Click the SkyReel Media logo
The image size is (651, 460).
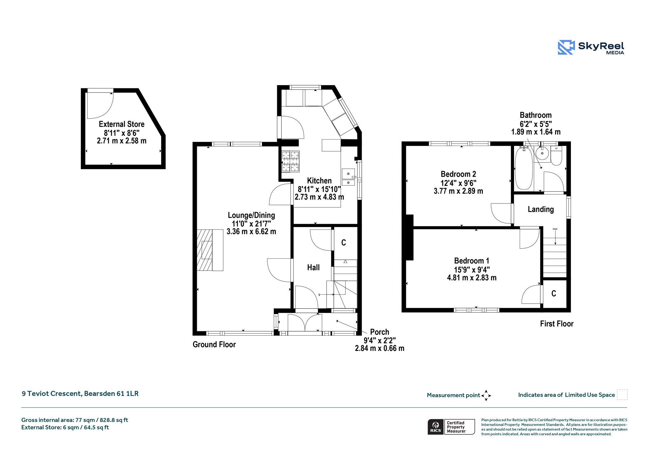[x=591, y=47]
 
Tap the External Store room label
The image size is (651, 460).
[x=121, y=124]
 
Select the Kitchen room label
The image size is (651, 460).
[x=319, y=181]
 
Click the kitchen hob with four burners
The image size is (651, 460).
[x=291, y=161]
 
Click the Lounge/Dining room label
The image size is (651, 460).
[x=251, y=215]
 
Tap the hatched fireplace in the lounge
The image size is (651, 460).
[x=205, y=250]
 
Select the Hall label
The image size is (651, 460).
[x=313, y=268]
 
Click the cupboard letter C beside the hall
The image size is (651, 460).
[x=344, y=243]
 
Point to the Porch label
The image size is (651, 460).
[x=380, y=332]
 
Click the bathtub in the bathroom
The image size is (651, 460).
[x=524, y=168]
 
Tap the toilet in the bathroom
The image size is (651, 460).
[x=556, y=156]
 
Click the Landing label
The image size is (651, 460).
[x=541, y=209]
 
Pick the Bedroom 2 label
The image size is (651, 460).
[x=458, y=174]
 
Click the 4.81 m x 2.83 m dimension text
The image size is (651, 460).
[x=472, y=278]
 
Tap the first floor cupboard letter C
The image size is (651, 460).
[x=554, y=293]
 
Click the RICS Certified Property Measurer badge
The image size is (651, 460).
[x=451, y=427]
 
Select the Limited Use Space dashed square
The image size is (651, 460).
[x=622, y=395]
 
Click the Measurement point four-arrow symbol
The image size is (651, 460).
[x=486, y=395]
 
